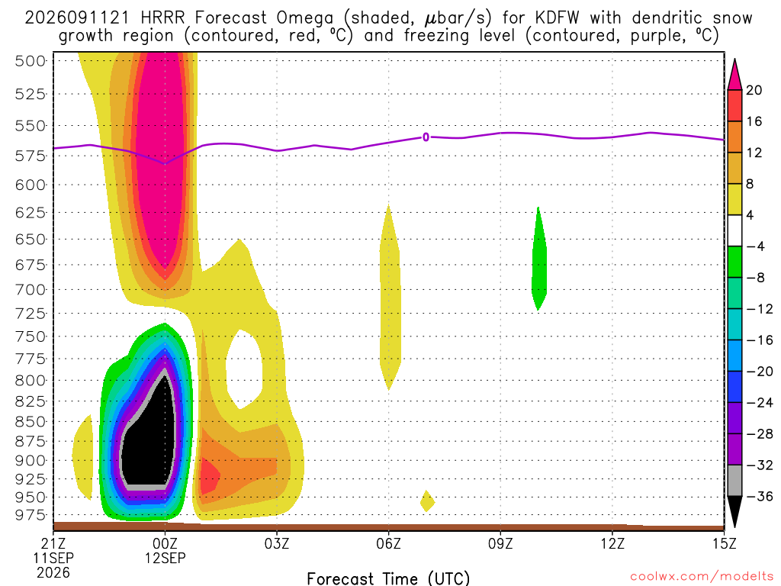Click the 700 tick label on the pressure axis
tap(31, 289)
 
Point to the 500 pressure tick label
tap(31, 61)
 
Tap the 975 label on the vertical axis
tap(31, 515)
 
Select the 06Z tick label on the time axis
tap(388, 543)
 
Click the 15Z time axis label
tap(724, 543)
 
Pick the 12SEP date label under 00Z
tap(165, 558)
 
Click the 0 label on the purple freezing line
tap(426, 137)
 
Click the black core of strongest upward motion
tap(149, 439)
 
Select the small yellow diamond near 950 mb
tap(427, 501)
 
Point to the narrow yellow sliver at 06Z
tap(390, 297)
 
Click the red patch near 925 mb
tap(209, 476)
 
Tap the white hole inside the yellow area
tap(244, 369)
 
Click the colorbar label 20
tap(754, 90)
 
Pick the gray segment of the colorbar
tap(734, 481)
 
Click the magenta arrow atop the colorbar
tap(734, 75)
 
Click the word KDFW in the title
tap(558, 18)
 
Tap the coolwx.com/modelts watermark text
tap(702, 577)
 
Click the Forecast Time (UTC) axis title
tap(388, 578)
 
